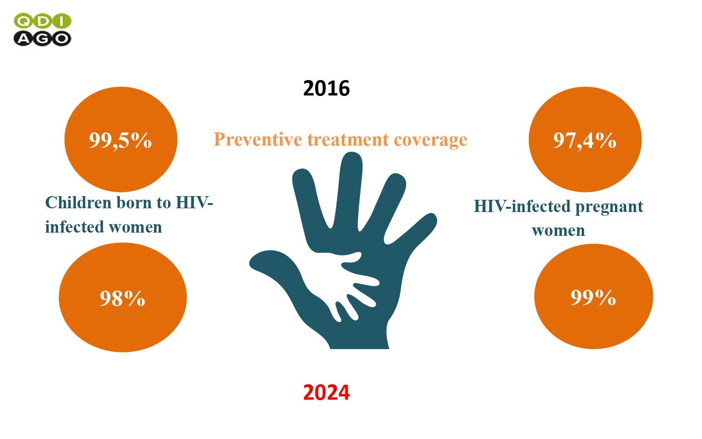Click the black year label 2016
326,88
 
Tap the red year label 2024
326,392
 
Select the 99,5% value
121,140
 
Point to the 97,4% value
585,140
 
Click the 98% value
123,298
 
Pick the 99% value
593,297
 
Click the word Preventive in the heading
257,139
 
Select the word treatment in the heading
348,140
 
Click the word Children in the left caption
78,203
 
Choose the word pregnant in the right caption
609,207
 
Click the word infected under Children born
75,227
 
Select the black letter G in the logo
42,38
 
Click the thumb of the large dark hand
276,266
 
